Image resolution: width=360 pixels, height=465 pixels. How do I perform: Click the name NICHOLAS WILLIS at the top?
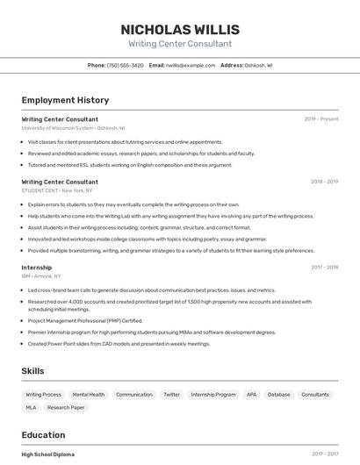180,30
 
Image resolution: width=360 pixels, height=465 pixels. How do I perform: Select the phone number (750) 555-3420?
125,65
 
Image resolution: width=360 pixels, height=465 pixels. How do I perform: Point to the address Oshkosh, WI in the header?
258,65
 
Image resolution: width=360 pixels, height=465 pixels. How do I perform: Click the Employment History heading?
65,100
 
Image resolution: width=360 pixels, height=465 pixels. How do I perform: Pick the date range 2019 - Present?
321,119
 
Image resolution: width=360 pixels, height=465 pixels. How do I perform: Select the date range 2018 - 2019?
324,182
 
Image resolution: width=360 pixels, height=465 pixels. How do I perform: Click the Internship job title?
37,268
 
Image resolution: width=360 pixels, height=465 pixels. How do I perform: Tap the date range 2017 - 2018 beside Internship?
325,268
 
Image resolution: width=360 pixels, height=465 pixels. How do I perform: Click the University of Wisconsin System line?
73,128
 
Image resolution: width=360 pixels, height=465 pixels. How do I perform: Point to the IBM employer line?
49,276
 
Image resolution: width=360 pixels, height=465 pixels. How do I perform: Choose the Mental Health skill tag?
89,395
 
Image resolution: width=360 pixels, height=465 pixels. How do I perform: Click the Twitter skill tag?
171,395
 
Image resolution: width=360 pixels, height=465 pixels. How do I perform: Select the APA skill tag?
252,395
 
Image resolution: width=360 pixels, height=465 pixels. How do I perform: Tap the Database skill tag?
279,395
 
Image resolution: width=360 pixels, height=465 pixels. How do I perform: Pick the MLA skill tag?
31,408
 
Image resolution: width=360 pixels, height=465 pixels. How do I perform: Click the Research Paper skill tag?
66,408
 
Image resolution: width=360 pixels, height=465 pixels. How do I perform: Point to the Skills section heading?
32,371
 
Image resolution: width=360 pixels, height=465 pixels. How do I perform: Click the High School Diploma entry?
48,454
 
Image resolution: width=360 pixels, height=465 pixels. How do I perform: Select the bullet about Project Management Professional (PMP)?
85,321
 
